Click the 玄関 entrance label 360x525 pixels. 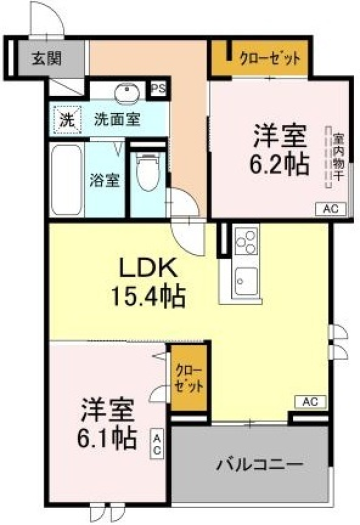pyautogui.click(x=47, y=59)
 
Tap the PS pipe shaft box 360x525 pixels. pyautogui.click(x=158, y=88)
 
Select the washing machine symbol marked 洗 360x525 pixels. pyautogui.click(x=66, y=120)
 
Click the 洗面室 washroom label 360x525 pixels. pyautogui.click(x=117, y=119)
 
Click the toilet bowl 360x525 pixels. pyautogui.click(x=149, y=172)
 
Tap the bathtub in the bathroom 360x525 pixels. pyautogui.click(x=67, y=179)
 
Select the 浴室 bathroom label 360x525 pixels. pyautogui.click(x=104, y=180)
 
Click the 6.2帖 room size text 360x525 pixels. pyautogui.click(x=280, y=164)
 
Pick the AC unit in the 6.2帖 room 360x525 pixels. pyautogui.click(x=331, y=209)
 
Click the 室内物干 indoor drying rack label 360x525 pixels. pyautogui.click(x=337, y=157)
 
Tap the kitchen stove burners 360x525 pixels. pyautogui.click(x=247, y=241)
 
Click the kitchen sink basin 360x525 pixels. pyautogui.click(x=246, y=281)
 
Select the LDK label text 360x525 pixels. pyautogui.click(x=148, y=270)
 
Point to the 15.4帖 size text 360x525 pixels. pyautogui.click(x=148, y=296)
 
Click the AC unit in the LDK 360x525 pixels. pyautogui.click(x=310, y=401)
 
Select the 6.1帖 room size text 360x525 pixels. pyautogui.click(x=106, y=438)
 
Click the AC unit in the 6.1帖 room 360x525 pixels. pyautogui.click(x=157, y=443)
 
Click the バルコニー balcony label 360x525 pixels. pyautogui.click(x=260, y=465)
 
